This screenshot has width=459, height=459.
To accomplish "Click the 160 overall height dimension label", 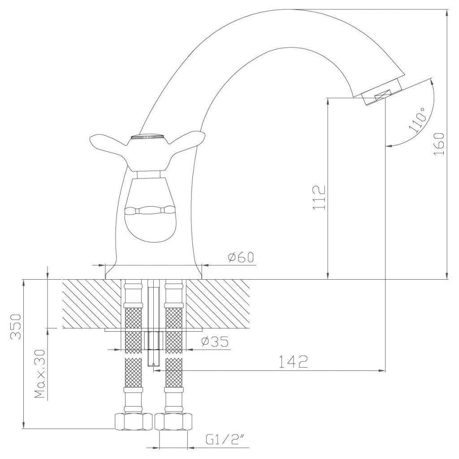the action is tap(439, 144).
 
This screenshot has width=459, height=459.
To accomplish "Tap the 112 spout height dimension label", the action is tap(319, 197).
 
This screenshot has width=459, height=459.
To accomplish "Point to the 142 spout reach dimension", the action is tap(293, 362).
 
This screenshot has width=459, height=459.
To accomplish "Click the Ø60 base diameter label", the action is tap(241, 257).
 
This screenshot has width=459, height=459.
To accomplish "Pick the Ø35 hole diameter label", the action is tap(215, 342).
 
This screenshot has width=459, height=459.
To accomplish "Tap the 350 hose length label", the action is tap(16, 326).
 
